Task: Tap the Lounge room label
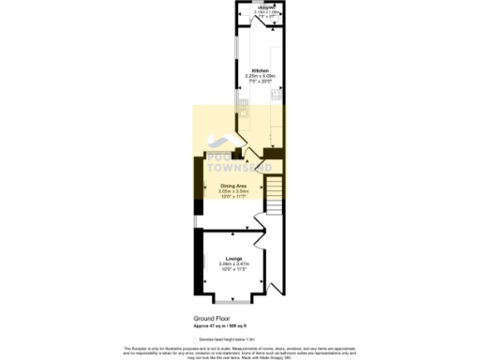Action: pyautogui.click(x=234, y=258)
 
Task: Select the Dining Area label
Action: pyautogui.click(x=233, y=186)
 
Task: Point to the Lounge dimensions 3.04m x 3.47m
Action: pyautogui.click(x=234, y=264)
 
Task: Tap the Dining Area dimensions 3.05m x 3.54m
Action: pyautogui.click(x=233, y=192)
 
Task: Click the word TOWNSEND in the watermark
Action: pyautogui.click(x=239, y=167)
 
